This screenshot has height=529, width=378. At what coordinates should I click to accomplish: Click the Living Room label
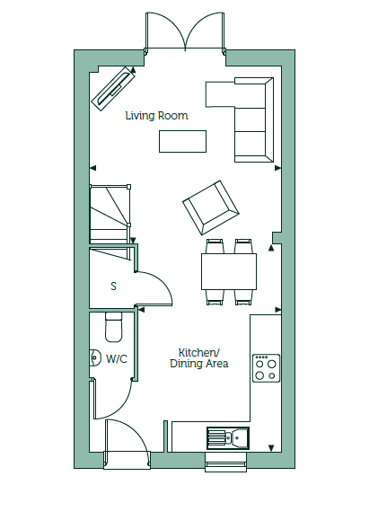tap(156, 116)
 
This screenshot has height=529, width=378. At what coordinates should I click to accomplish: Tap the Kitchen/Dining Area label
tap(199, 358)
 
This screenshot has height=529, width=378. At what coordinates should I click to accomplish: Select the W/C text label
tap(117, 359)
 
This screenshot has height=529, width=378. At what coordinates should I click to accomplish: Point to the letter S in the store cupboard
tap(114, 287)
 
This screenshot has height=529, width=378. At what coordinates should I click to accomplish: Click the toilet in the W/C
tap(114, 327)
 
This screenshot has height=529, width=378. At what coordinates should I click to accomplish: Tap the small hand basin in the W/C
tap(95, 357)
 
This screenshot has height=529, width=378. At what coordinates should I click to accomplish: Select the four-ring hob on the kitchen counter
tap(266, 368)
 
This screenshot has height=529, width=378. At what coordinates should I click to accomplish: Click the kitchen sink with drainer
tap(228, 438)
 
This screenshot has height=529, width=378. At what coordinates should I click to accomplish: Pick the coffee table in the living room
tap(182, 141)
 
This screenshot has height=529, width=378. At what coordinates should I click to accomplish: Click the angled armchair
tap(211, 207)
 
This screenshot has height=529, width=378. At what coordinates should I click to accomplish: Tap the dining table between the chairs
tap(229, 271)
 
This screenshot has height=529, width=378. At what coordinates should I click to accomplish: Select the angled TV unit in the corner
tap(113, 88)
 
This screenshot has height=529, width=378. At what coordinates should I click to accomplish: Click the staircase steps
tap(110, 214)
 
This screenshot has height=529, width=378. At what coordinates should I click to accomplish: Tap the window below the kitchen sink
tap(226, 463)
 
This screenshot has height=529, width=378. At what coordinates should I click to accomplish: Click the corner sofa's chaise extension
tap(220, 94)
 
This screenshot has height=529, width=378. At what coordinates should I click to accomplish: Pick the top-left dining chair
tap(215, 246)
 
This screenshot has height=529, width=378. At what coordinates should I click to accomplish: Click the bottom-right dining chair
tap(244, 297)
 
